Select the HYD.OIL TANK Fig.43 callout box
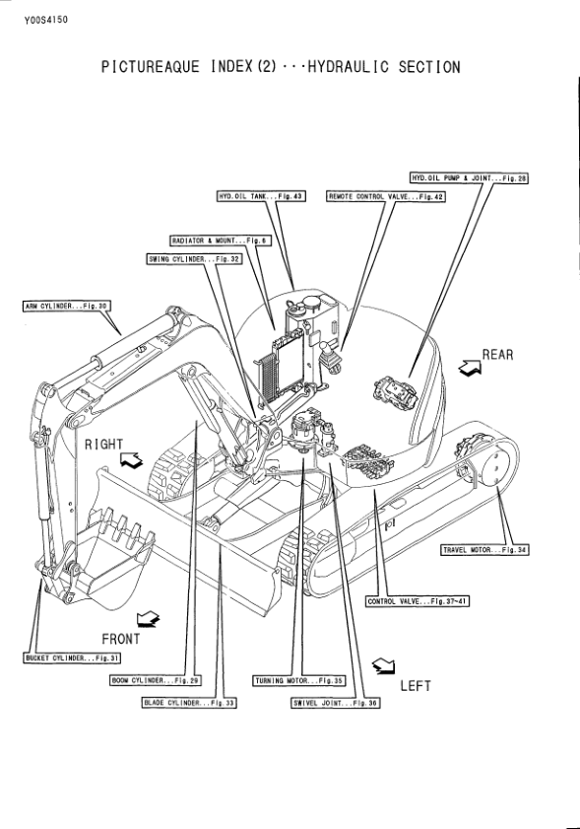coord(260,197)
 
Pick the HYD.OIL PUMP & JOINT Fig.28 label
coord(470,177)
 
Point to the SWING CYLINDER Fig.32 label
coord(187,259)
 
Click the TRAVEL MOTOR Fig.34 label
coord(484,549)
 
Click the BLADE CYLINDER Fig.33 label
coord(190,703)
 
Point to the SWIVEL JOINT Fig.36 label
coord(335,703)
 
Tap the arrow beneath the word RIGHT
coord(130,459)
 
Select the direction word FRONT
coord(121,638)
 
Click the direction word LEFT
coord(415,686)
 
